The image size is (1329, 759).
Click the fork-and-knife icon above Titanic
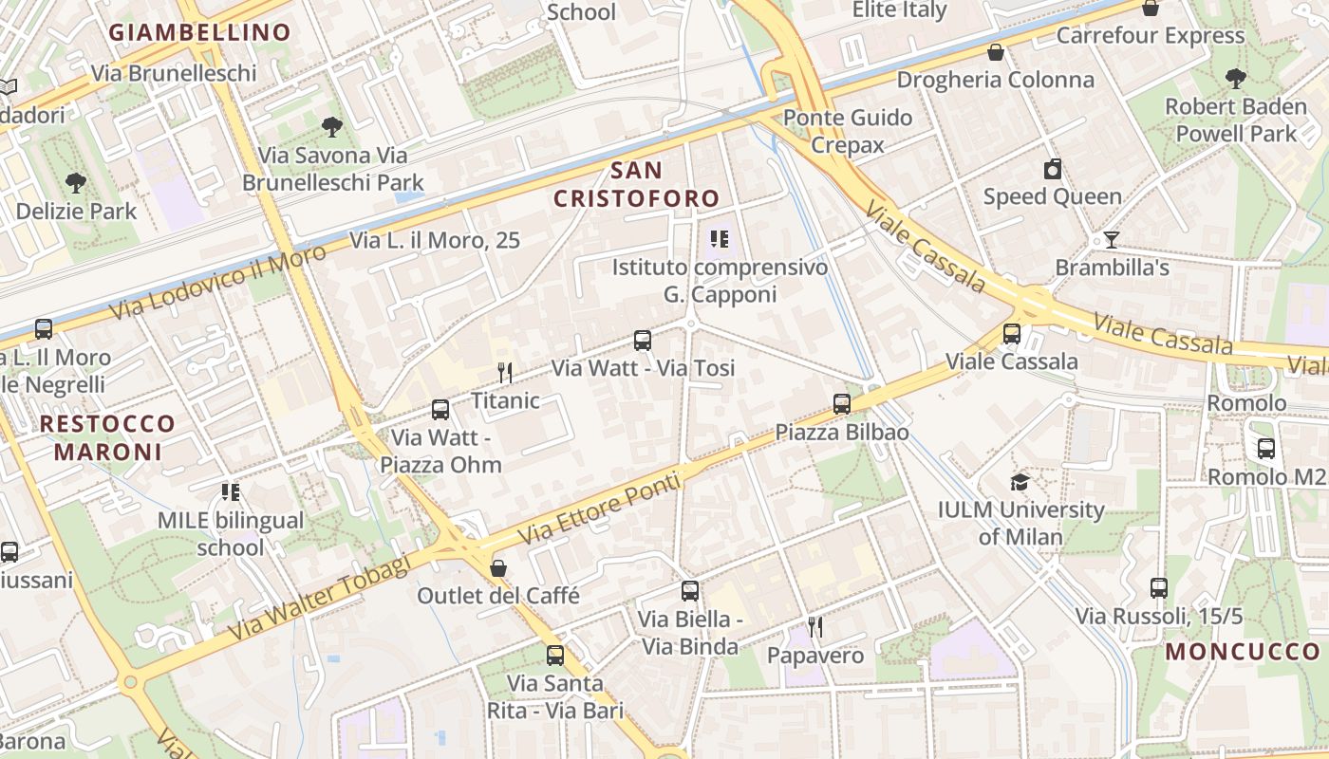(505, 372)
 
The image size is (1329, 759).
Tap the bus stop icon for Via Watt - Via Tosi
(643, 340)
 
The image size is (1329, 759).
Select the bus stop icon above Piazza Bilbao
(842, 404)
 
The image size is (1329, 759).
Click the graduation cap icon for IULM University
(1020, 482)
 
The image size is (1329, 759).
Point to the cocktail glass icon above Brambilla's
(1112, 239)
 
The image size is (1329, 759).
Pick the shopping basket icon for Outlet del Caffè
(498, 568)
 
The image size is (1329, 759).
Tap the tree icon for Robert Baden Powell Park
(1235, 79)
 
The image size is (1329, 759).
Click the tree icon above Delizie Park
(76, 182)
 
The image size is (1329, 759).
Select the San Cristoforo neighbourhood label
(637, 184)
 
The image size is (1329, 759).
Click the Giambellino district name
(199, 32)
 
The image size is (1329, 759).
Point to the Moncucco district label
(1244, 652)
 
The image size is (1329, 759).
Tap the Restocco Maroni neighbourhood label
(108, 437)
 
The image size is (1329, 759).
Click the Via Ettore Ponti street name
(600, 509)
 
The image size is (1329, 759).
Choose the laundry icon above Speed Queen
(1052, 170)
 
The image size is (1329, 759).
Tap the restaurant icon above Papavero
(815, 627)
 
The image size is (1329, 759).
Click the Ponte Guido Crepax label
(848, 131)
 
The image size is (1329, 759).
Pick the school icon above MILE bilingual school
(231, 491)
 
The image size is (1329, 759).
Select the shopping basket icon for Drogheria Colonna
(996, 51)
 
